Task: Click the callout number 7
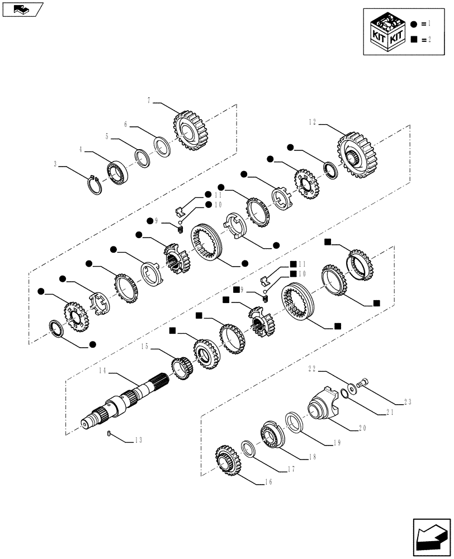click(149, 101)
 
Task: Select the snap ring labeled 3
click(94, 184)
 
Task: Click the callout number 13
click(138, 440)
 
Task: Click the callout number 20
click(362, 429)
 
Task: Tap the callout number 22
click(312, 368)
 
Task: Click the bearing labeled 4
click(118, 172)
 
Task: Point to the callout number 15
click(144, 347)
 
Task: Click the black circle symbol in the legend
click(414, 24)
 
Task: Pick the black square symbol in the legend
click(414, 39)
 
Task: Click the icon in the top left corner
click(22, 9)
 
